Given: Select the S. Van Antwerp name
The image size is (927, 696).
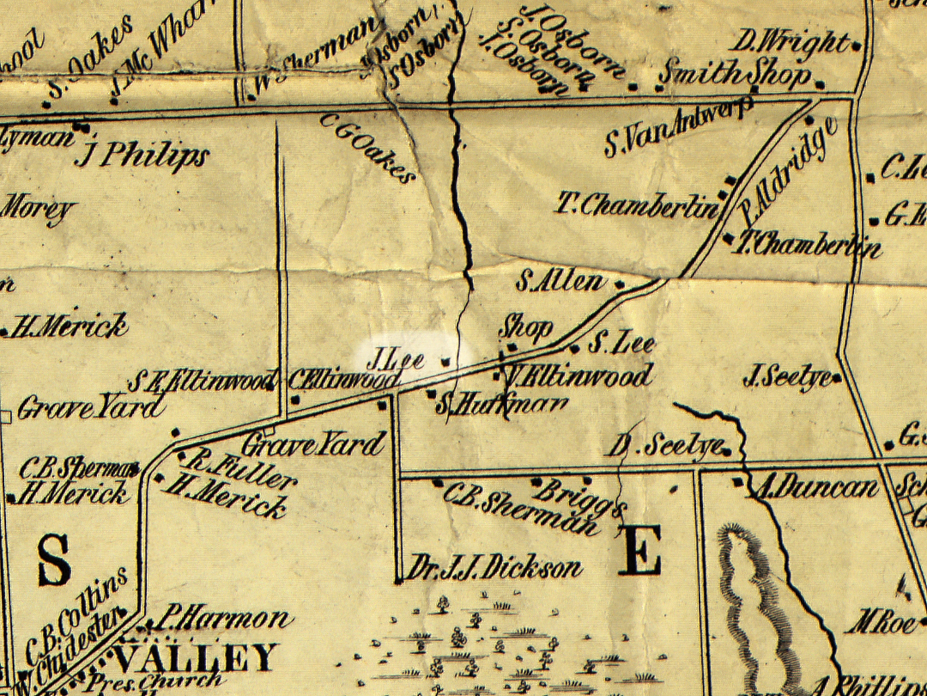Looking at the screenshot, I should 678,126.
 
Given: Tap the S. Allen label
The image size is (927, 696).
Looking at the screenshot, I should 560,281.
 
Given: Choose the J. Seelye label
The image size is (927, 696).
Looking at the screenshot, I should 787,376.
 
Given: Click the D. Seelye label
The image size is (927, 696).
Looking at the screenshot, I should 664,446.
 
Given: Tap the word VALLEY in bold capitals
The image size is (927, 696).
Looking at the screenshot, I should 195,658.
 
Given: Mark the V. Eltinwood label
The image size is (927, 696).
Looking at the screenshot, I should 581,376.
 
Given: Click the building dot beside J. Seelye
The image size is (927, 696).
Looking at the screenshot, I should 835,376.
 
